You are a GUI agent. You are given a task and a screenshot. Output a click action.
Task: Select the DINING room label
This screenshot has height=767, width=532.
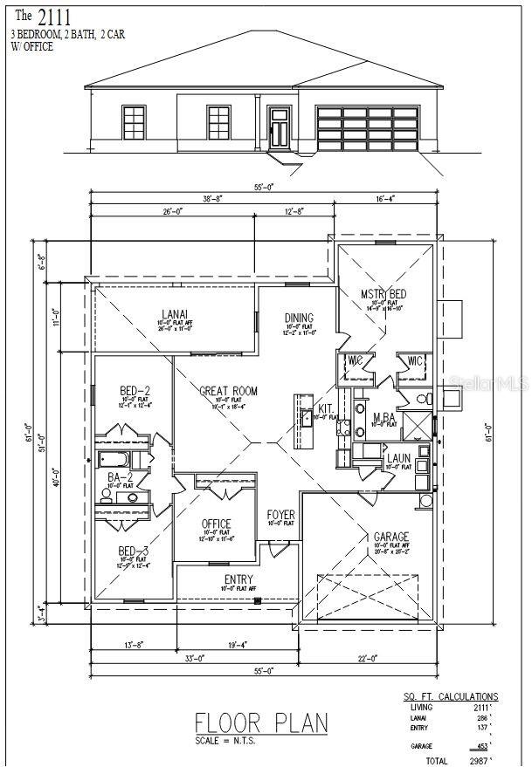click(299, 318)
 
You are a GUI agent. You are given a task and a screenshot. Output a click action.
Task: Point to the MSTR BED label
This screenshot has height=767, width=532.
click(383, 294)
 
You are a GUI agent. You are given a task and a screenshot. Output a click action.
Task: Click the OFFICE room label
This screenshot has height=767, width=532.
click(216, 524)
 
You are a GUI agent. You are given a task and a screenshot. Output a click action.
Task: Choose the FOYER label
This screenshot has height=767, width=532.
click(280, 515)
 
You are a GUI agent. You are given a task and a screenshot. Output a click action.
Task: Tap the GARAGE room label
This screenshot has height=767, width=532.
click(390, 538)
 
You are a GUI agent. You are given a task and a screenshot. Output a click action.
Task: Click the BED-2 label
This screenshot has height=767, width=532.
click(135, 391)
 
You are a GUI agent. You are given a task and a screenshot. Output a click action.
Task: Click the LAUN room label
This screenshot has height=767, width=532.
click(399, 458)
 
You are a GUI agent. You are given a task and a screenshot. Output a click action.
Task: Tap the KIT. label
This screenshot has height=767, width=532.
click(326, 408)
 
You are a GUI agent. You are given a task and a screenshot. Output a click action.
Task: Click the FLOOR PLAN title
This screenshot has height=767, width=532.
click(261, 722)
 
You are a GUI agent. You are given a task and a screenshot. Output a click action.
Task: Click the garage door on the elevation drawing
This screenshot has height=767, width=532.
click(367, 127)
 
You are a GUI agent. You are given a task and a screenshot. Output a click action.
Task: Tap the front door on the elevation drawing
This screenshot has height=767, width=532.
click(280, 127)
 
